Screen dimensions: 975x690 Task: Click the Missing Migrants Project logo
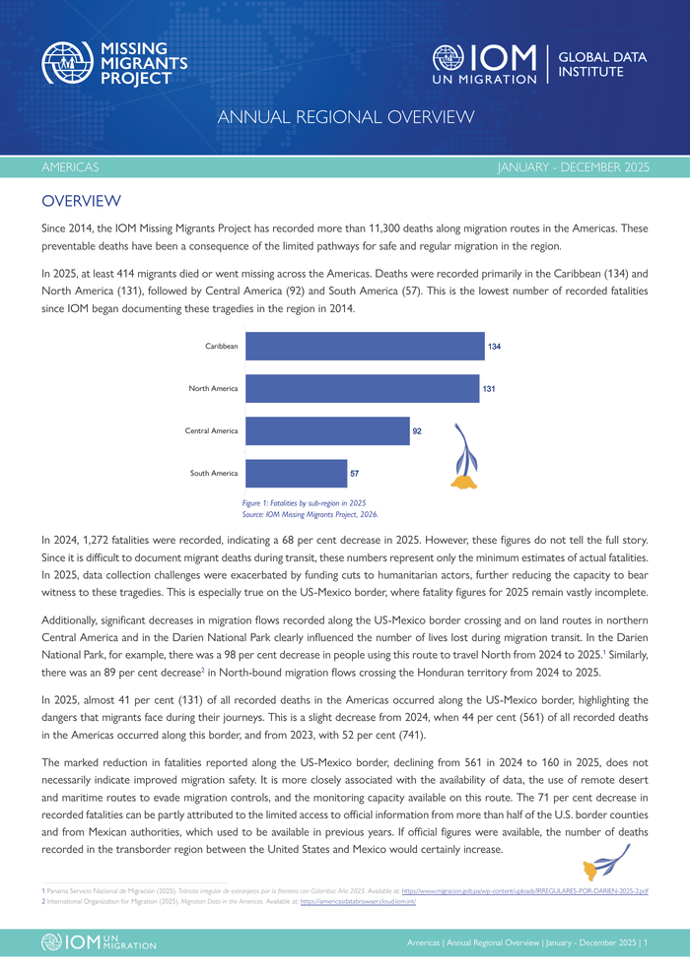click(x=114, y=63)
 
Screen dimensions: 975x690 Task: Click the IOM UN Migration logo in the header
click(x=485, y=64)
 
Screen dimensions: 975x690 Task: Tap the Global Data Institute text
click(x=602, y=64)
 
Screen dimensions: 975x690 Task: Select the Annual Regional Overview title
click(x=345, y=118)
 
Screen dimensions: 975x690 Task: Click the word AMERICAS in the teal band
click(x=70, y=167)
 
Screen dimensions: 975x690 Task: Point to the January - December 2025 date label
click(x=574, y=167)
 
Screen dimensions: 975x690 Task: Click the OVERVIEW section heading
click(x=81, y=202)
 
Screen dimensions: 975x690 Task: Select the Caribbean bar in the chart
click(x=365, y=347)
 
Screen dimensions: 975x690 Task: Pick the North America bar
click(x=362, y=388)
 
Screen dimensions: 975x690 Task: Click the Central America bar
click(x=327, y=430)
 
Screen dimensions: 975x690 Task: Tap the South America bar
click(x=296, y=473)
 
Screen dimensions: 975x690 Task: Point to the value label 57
click(x=354, y=474)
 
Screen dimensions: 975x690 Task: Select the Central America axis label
click(x=211, y=430)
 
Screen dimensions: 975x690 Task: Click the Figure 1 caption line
click(x=304, y=502)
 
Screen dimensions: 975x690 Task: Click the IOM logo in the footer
click(x=99, y=942)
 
